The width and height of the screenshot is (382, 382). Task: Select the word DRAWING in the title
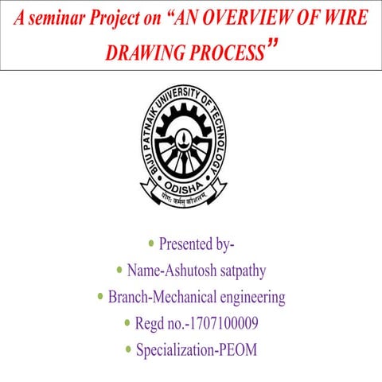coord(142,54)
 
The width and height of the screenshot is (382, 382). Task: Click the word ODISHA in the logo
coord(189,181)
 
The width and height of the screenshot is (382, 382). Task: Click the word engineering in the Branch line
coord(246,298)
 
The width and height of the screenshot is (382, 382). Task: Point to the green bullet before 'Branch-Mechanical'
coord(99,298)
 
